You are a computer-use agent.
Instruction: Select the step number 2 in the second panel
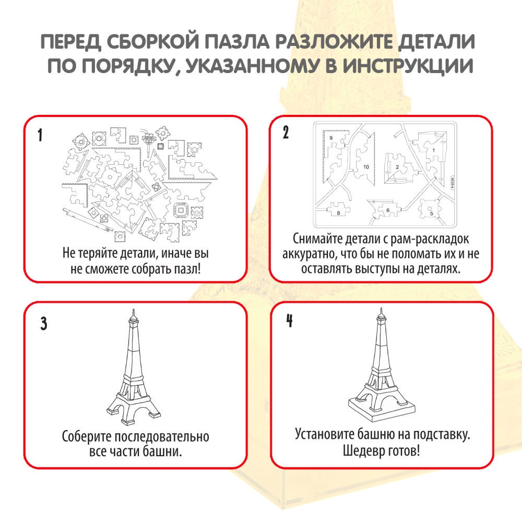tap(286, 132)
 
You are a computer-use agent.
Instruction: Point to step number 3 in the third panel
tap(44, 324)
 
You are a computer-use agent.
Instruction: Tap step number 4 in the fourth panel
tap(289, 321)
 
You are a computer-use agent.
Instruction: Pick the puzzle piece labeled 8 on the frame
tap(338, 212)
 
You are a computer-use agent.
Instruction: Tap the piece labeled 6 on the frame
tap(386, 210)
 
